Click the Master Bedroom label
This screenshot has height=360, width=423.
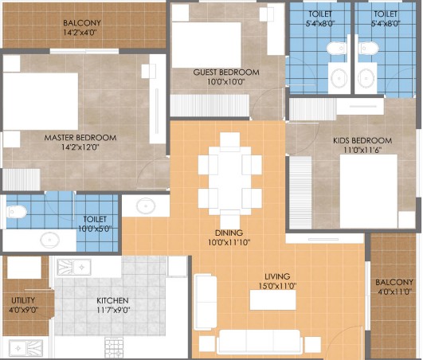click(80, 138)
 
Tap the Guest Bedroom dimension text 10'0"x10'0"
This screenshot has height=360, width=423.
click(225, 81)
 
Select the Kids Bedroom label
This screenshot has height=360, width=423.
click(362, 140)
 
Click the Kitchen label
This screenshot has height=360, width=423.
click(112, 300)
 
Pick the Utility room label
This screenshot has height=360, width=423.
click(23, 300)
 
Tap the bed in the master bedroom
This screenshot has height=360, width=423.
click(41, 101)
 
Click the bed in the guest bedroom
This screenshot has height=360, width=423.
click(206, 45)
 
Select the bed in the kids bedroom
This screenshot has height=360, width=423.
click(369, 191)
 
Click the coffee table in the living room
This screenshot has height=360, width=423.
click(272, 299)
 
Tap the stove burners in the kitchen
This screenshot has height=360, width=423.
click(114, 347)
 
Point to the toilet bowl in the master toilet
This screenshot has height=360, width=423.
click(17, 212)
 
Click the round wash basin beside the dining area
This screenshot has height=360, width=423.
click(146, 206)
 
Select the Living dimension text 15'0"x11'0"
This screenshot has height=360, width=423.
click(277, 286)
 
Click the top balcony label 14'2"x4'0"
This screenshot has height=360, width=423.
click(80, 33)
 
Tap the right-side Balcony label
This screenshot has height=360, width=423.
click(394, 282)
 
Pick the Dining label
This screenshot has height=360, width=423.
click(229, 233)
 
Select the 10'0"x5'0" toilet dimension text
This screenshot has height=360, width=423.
click(95, 229)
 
